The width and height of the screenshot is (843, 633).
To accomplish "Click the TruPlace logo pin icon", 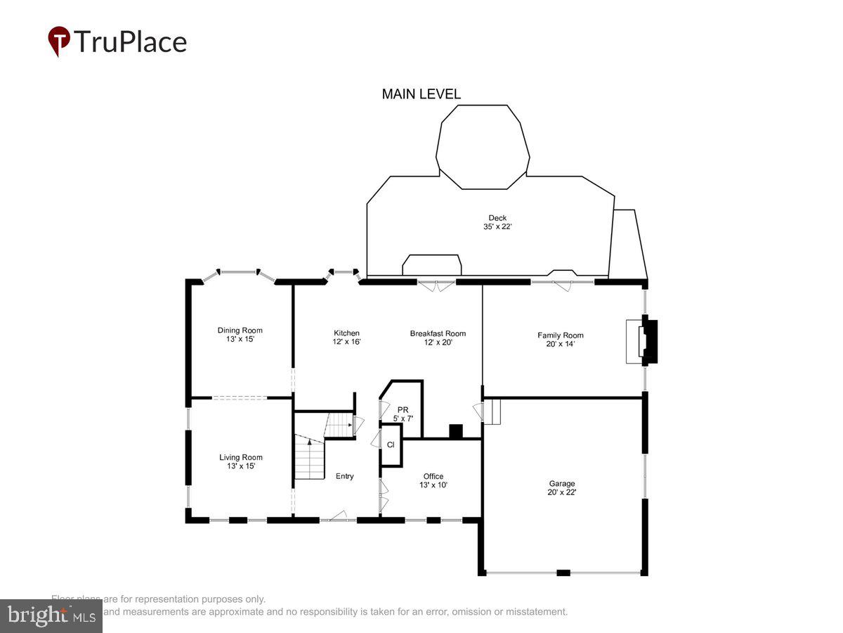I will pyautogui.click(x=59, y=41).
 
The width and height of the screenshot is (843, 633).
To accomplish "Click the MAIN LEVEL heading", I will pyautogui.click(x=421, y=94).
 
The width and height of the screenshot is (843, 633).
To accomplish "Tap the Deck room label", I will pyautogui.click(x=497, y=218).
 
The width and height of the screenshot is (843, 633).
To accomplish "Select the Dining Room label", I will pyautogui.click(x=240, y=330).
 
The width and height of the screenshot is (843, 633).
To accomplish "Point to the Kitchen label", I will pyautogui.click(x=346, y=333).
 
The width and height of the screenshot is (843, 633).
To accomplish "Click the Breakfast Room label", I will pyautogui.click(x=438, y=333).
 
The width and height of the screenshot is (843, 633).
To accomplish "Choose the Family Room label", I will pyautogui.click(x=560, y=335).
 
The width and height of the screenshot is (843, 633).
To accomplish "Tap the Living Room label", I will pyautogui.click(x=240, y=457).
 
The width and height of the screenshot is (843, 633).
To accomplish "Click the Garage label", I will pyautogui.click(x=561, y=483).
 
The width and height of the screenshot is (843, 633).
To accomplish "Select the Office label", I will pyautogui.click(x=433, y=476).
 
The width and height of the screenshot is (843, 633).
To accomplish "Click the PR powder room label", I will pyautogui.click(x=403, y=409).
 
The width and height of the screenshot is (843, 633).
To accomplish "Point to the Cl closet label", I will pyautogui.click(x=391, y=445).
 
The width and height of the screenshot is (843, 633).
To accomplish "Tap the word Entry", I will pyautogui.click(x=344, y=476).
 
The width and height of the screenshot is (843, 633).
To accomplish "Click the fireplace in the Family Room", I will pyautogui.click(x=643, y=342).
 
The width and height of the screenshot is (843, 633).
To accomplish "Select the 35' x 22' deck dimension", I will pyautogui.click(x=497, y=227).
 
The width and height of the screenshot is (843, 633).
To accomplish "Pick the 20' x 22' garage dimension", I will pyautogui.click(x=561, y=492).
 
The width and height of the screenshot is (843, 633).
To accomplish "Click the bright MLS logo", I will pyautogui.click(x=51, y=616).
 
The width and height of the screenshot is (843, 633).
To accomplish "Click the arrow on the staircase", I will pyautogui.click(x=308, y=442).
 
